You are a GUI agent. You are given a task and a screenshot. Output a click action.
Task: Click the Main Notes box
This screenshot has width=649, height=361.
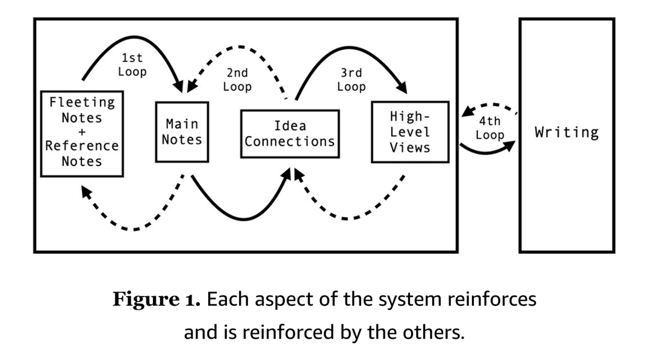click(182, 132)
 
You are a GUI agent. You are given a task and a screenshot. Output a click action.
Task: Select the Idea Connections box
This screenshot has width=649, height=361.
click(290, 134)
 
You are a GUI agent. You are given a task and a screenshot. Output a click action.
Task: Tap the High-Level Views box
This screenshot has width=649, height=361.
click(409, 132)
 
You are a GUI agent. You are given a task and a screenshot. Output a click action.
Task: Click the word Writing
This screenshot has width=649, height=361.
click(567, 132)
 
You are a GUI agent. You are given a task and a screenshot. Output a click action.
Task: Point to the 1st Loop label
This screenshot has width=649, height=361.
click(132, 65)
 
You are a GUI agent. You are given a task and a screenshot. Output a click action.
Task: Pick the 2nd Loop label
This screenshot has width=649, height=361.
click(237, 79)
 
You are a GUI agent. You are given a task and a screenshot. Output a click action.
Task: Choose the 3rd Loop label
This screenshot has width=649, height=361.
click(351, 79)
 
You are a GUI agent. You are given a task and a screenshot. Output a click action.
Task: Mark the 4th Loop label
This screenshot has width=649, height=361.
click(489, 128)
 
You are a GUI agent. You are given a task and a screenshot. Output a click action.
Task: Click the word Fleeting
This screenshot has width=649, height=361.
click(82, 102)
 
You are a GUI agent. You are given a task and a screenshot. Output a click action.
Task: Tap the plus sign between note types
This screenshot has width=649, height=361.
click(82, 132)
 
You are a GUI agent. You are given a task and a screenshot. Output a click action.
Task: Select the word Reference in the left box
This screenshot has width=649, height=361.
click(82, 146)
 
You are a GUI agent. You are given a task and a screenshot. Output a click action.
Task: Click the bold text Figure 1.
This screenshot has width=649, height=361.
click(157, 300)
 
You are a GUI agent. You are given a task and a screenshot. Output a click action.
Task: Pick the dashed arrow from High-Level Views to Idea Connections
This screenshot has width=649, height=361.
click(349, 214)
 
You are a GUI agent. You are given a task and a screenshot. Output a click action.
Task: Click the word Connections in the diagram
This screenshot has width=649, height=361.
click(290, 142)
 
